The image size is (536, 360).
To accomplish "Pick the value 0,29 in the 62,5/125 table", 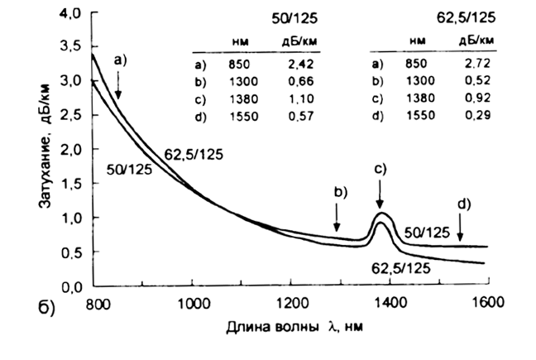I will (x=476, y=115).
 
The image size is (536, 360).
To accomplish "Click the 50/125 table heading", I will (x=303, y=18).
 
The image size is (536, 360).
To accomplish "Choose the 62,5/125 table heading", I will (x=467, y=18).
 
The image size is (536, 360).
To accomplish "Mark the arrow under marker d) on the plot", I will (x=460, y=224).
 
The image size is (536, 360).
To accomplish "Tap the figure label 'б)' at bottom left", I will (x=46, y=311).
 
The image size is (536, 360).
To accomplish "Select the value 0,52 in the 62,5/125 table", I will (x=476, y=79).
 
